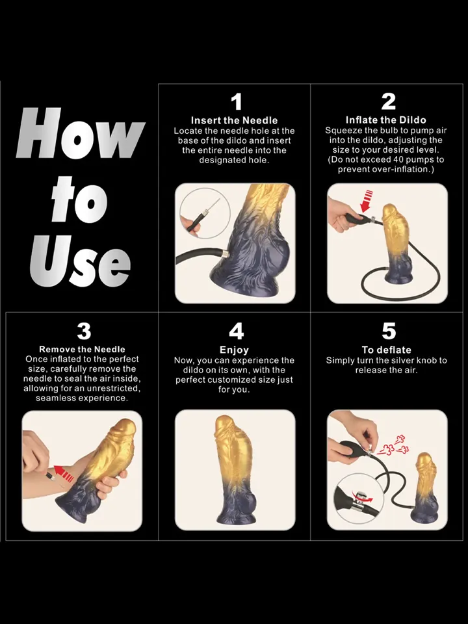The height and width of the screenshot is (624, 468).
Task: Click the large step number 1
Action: pos(237,101)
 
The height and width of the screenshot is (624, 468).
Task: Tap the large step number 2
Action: pos(389,101)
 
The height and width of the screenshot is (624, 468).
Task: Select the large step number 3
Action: pos(84,331)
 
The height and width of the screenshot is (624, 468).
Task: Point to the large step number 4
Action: pos(237,331)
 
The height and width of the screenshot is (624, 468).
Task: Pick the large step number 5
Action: pos(389,331)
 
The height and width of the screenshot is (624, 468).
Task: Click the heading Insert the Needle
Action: pos(235,120)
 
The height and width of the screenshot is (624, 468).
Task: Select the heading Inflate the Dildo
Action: pos(385,120)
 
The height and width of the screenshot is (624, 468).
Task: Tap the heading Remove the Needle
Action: pos(82,349)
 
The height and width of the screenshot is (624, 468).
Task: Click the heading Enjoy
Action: pos(234,350)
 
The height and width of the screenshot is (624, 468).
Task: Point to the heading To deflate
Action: pos(386,350)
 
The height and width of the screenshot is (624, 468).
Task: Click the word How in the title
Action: pos(81,133)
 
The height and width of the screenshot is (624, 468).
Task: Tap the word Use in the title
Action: pos(81,261)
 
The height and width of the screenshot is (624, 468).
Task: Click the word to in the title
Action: pos(79,199)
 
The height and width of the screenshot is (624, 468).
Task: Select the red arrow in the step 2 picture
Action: pos(367,201)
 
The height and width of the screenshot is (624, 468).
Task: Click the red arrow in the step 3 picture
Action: pos(64,474)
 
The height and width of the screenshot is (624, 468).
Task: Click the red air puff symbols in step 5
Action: pos(393,445)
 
